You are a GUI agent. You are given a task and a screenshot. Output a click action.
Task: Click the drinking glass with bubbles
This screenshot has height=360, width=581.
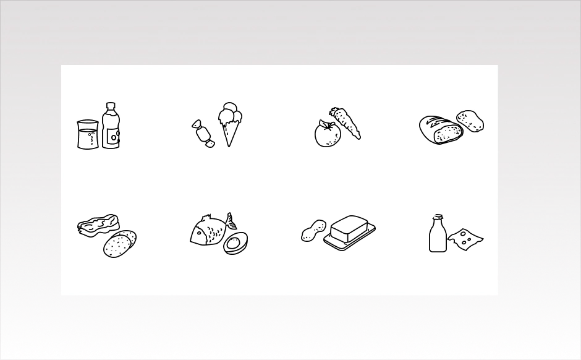click(87, 135)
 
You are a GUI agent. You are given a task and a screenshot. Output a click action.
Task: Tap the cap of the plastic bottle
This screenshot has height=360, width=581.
click(111, 106)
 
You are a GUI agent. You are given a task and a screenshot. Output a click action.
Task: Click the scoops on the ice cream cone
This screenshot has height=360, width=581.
click(230, 114)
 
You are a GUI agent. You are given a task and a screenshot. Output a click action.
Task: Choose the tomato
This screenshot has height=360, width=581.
click(327, 134)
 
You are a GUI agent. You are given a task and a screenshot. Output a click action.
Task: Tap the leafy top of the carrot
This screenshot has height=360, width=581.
click(334, 113)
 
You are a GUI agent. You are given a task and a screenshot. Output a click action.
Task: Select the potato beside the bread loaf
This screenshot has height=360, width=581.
click(470, 121)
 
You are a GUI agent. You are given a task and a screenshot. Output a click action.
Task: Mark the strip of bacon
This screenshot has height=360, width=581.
click(98, 224)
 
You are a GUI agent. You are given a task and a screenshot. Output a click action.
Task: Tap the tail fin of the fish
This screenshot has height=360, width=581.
click(231, 221)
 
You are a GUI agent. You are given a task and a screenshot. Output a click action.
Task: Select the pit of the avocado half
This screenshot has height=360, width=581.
click(233, 244)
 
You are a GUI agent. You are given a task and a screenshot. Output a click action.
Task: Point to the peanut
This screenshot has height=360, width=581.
click(313, 231)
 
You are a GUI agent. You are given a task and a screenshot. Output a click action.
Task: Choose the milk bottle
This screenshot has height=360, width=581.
click(438, 237)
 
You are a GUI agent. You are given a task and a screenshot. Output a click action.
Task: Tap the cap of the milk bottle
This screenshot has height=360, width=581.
click(438, 217)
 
